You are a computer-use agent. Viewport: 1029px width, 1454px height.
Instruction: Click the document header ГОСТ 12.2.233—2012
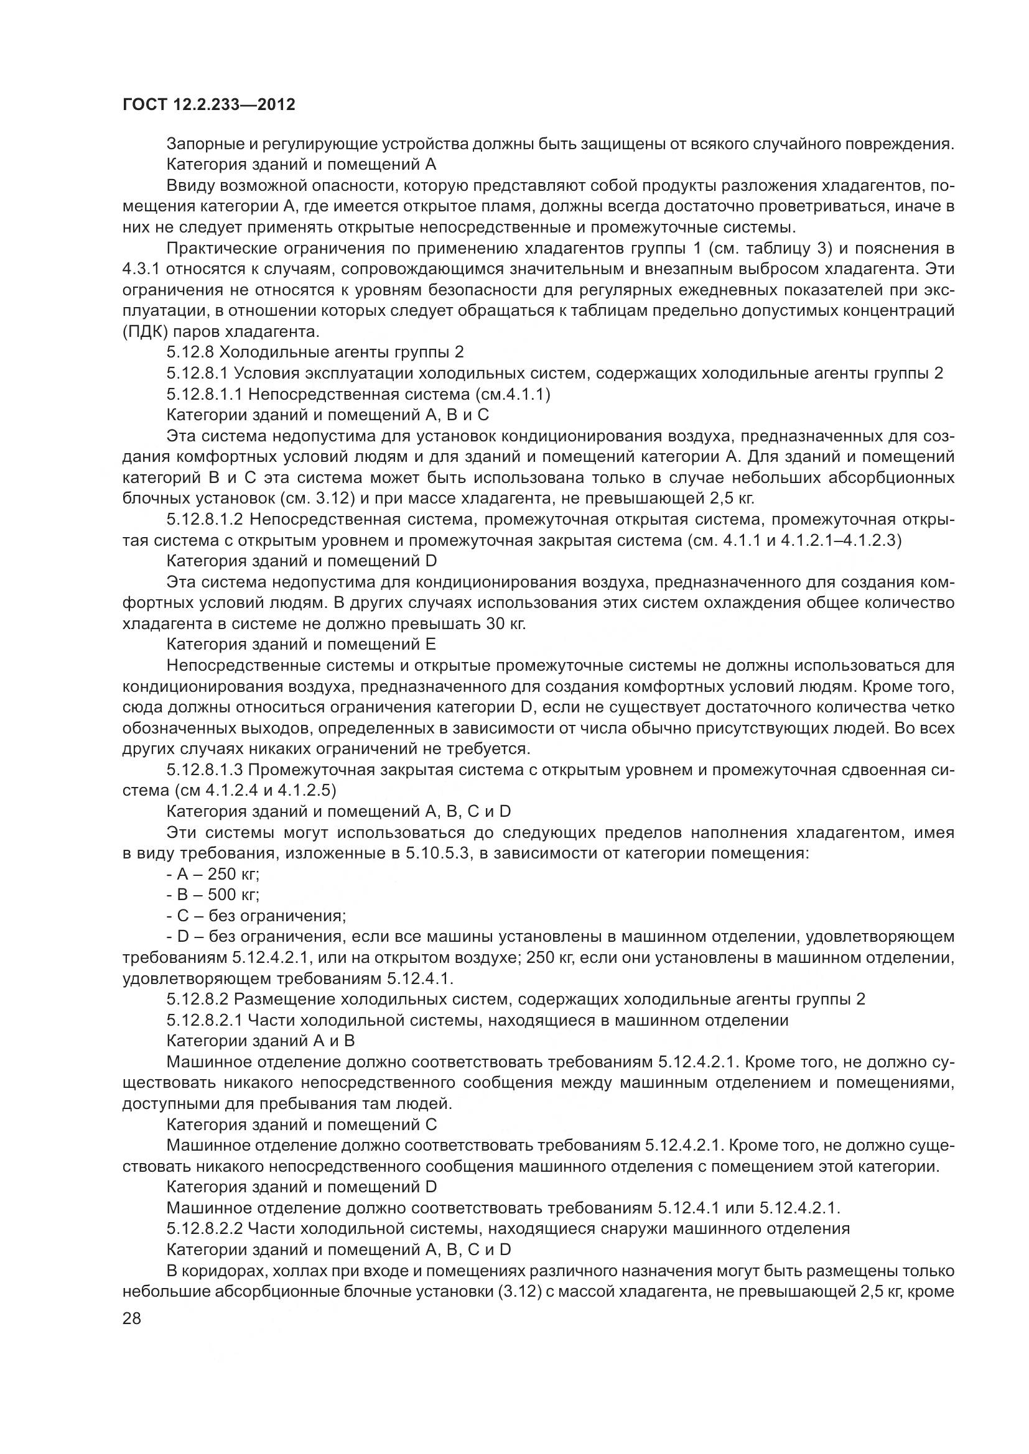tap(208, 104)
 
